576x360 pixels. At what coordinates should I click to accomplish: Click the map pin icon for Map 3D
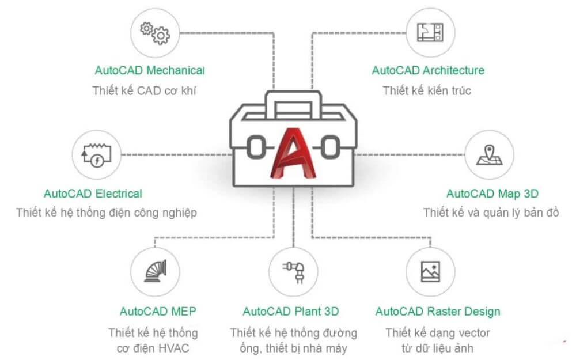pos(489,155)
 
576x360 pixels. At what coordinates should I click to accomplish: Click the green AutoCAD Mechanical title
pos(150,71)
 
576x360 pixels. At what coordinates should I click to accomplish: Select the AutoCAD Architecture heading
pos(428,71)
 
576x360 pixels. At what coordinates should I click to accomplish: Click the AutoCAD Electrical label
pos(93,194)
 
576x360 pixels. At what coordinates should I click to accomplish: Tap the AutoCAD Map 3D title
pos(492,194)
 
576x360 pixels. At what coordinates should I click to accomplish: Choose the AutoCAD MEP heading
pos(158,312)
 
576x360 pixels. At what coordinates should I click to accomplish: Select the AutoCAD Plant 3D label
pos(291,312)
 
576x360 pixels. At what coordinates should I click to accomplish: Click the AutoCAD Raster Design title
pos(438,312)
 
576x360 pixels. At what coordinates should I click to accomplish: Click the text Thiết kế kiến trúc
pos(427,90)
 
